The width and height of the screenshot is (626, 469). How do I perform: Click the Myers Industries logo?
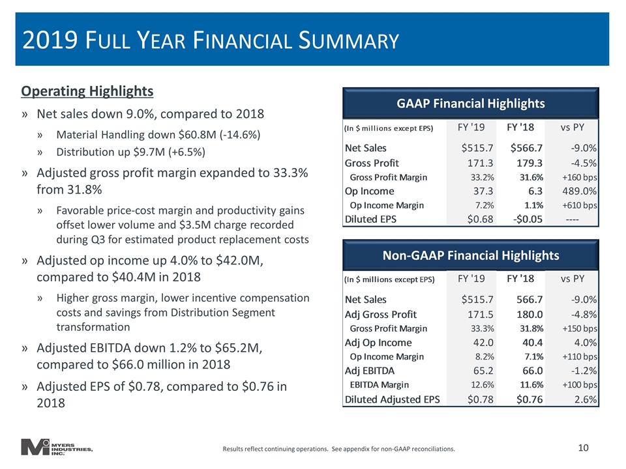[57, 447]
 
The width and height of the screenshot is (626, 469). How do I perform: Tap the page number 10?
[583, 448]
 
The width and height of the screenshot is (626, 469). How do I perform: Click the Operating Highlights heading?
[87, 91]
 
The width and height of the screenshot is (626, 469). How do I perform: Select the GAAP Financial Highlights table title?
[471, 104]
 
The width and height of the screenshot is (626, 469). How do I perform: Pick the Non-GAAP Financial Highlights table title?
[471, 255]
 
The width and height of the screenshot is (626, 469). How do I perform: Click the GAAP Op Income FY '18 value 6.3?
[535, 192]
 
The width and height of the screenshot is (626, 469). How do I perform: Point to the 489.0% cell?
[579, 192]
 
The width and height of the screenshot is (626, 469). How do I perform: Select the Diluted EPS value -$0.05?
[528, 220]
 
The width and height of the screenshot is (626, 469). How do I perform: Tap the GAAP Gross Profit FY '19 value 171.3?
[481, 163]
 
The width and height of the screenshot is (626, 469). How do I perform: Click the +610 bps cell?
[580, 205]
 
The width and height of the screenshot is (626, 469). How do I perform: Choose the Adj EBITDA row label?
[370, 371]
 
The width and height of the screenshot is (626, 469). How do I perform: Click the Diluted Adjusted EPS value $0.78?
[481, 399]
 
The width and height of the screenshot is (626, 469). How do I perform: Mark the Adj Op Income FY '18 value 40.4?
[533, 343]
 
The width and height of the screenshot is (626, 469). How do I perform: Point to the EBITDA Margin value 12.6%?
[483, 385]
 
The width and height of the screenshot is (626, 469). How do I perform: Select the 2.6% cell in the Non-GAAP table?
[586, 399]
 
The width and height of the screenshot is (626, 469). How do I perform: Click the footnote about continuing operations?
[338, 449]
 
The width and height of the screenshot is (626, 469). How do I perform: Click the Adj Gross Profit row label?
[380, 315]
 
